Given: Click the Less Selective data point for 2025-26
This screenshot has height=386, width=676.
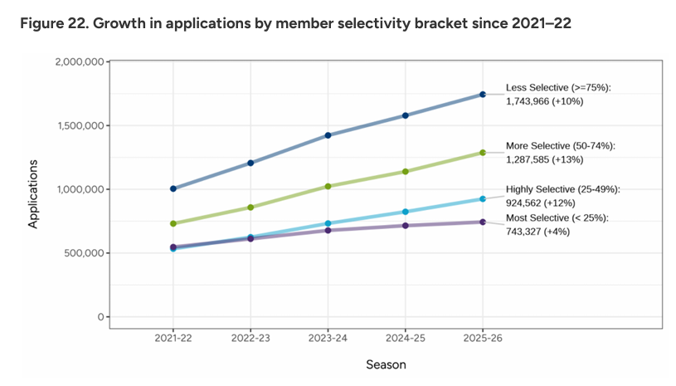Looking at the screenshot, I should (x=483, y=95).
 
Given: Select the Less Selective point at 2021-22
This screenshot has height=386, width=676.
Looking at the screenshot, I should (x=173, y=188).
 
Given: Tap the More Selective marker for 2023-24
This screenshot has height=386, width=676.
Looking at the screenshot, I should (x=328, y=186).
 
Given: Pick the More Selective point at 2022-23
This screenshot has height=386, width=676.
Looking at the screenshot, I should (x=250, y=207).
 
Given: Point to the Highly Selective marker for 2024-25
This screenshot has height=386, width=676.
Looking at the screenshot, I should (x=406, y=212).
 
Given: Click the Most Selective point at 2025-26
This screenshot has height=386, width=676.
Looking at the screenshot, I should (x=483, y=222).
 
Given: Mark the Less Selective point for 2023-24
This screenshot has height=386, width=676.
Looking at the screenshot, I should (x=328, y=135).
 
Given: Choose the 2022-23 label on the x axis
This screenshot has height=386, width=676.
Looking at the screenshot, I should (x=250, y=339).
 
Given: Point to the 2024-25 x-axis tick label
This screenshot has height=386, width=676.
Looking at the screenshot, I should (x=406, y=339).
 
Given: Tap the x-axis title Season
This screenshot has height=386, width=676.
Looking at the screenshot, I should (x=387, y=364).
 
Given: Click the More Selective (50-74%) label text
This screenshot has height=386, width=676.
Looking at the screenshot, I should (x=560, y=145).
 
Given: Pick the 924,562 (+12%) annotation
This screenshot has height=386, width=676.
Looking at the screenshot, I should (x=541, y=202).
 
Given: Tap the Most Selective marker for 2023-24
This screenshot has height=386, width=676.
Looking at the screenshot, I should (x=328, y=230).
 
